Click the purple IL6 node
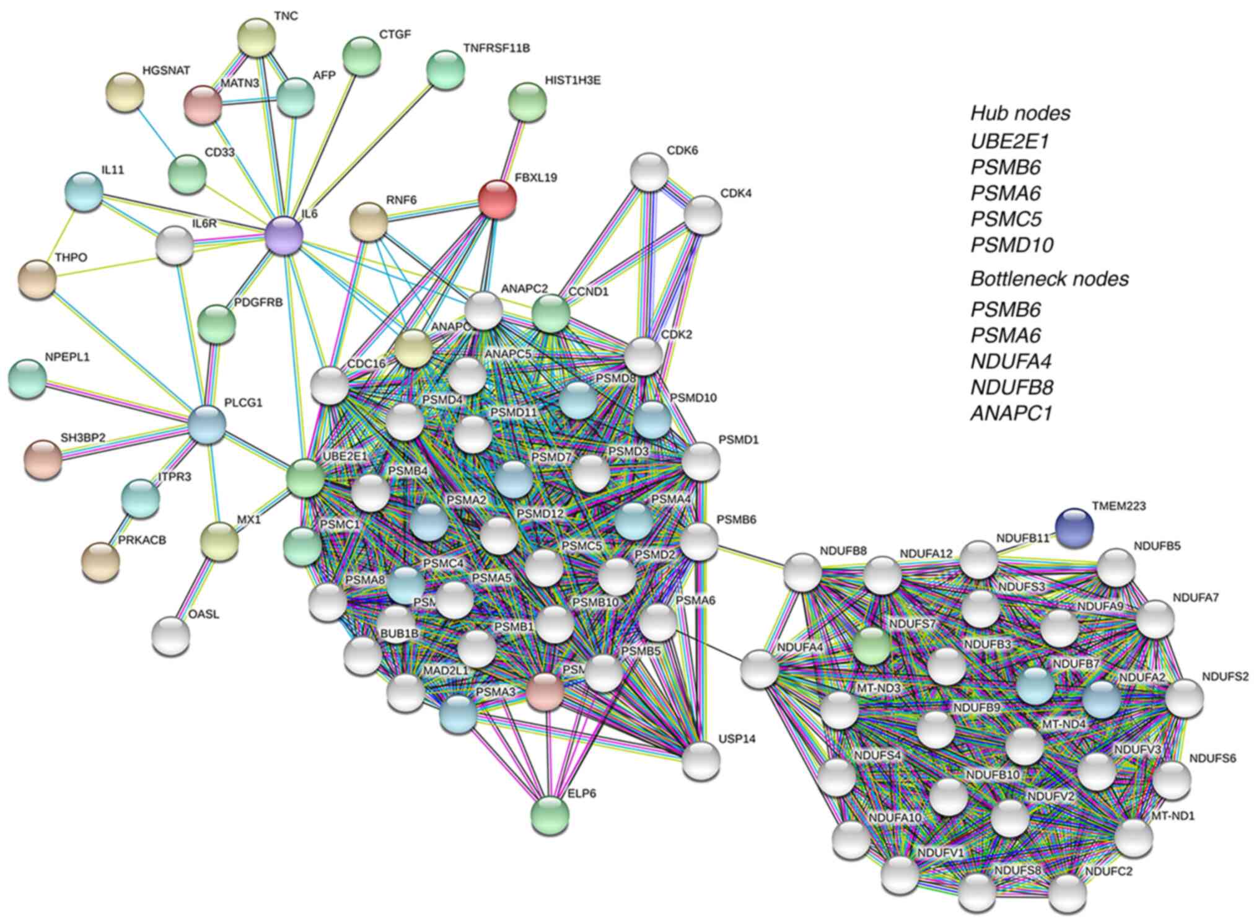pos(284,235)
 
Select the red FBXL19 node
pos(497,199)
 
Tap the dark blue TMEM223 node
pos(1074,527)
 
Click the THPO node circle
pos(37,279)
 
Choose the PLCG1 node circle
pos(206,425)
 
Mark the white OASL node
pos(171,635)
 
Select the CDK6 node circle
pos(649,172)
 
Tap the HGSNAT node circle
pos(125,92)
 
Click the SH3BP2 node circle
pos(43,459)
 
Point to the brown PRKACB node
pos(100,561)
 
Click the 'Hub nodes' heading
pos(1020,113)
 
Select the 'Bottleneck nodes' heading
pos(1049,279)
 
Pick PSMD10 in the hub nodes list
pos(1011,245)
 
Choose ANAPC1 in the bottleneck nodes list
pos(1011,413)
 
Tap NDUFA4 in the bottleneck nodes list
pos(1011,361)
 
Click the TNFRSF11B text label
pos(496,48)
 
